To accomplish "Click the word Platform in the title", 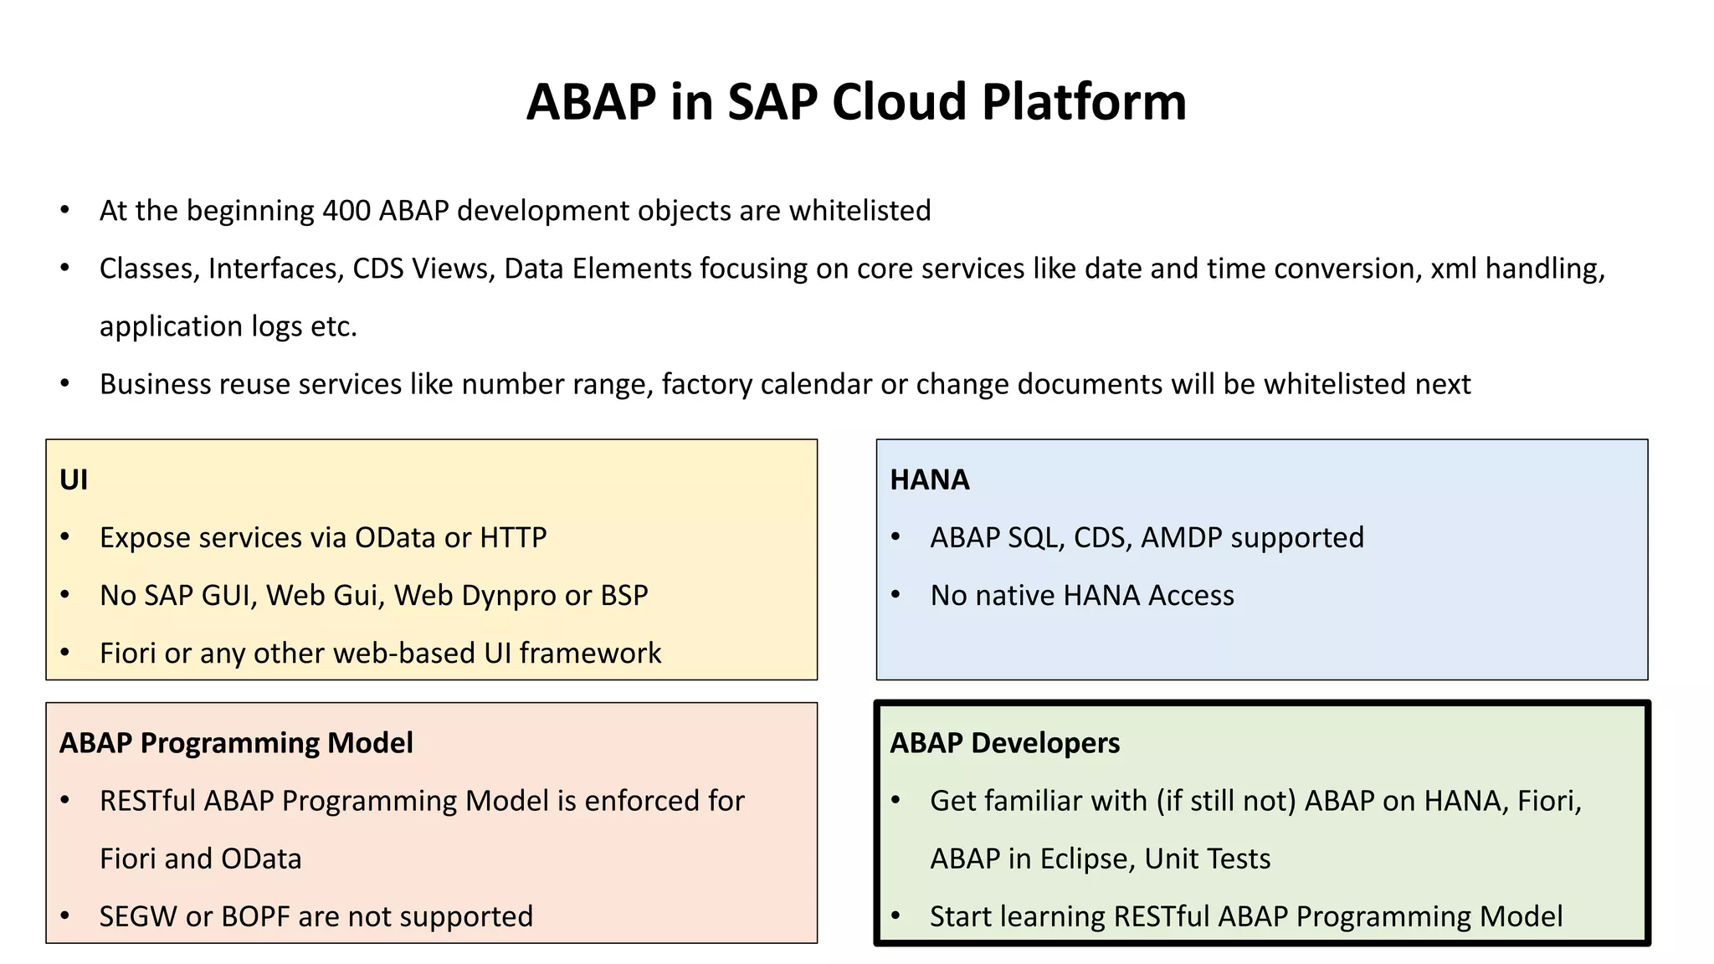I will (x=1084, y=102).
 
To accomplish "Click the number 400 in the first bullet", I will (x=346, y=211).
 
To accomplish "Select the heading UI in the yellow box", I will (x=74, y=479).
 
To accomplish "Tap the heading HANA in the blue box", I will (x=929, y=479).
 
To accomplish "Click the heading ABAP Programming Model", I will (x=236, y=743).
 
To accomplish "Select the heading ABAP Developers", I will (x=1004, y=743).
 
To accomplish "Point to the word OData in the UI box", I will (x=395, y=537).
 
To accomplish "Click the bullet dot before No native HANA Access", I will (x=895, y=595).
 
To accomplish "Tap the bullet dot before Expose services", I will (x=65, y=537).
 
